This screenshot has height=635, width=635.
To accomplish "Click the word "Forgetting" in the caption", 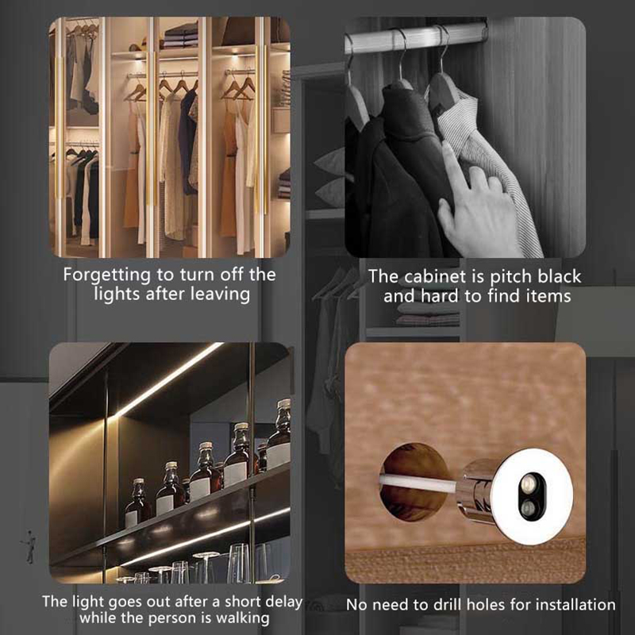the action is pyautogui.click(x=107, y=275).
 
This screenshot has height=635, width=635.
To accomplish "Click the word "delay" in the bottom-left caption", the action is pyautogui.click(x=282, y=602).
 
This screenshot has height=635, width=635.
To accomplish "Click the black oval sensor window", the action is pyautogui.click(x=531, y=497).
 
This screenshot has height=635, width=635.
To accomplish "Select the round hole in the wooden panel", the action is pyautogui.click(x=414, y=482).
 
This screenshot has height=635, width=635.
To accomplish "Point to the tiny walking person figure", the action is pyautogui.click(x=30, y=547).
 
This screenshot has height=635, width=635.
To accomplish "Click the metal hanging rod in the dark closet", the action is pyautogui.click(x=415, y=37).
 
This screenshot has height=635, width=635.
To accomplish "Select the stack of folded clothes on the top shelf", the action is pyautogui.click(x=181, y=35).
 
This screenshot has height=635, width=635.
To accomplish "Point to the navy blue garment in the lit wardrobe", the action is pyautogui.click(x=187, y=142).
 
